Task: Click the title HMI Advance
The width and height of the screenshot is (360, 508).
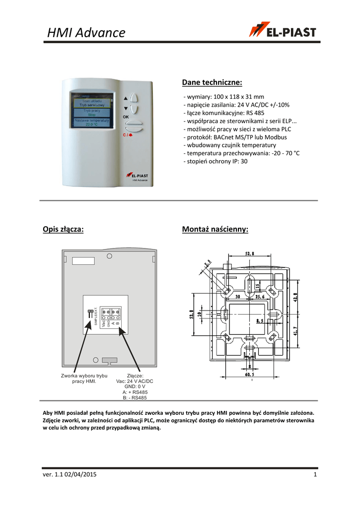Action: tap(86, 33)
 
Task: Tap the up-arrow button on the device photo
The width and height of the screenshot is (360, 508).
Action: tap(133, 98)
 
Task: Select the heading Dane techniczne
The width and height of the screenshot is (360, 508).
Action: tap(212, 82)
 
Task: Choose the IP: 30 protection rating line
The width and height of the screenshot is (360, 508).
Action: tap(216, 161)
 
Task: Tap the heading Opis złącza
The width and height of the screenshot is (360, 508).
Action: tap(64, 229)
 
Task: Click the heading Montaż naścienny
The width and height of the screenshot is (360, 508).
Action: tap(215, 229)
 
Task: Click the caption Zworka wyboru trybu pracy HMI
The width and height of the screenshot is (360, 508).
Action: tap(84, 379)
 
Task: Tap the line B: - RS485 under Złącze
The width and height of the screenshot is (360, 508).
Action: tap(135, 398)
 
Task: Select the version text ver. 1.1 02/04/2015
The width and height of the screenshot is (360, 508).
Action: tap(69, 476)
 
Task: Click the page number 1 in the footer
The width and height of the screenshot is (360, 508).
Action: tap(315, 476)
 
